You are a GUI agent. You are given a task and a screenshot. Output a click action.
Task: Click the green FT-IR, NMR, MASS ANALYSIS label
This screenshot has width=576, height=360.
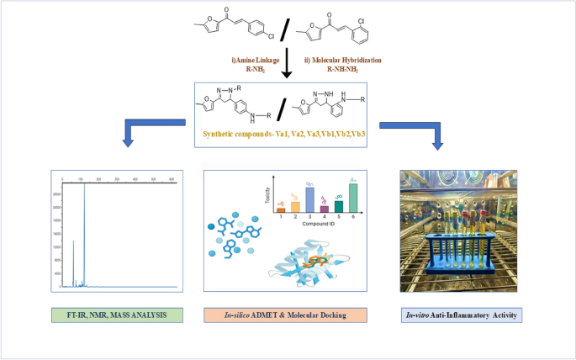pos(117,315)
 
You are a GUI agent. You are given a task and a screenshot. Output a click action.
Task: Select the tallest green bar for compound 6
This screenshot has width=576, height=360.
pos(353,199)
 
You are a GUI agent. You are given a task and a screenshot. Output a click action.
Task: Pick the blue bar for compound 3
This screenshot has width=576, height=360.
pos(310,200)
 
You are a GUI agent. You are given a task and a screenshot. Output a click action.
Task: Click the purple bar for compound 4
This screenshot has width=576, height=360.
pos(325,209)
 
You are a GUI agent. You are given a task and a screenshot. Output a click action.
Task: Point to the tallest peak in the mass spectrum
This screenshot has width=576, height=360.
pos(83,236)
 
